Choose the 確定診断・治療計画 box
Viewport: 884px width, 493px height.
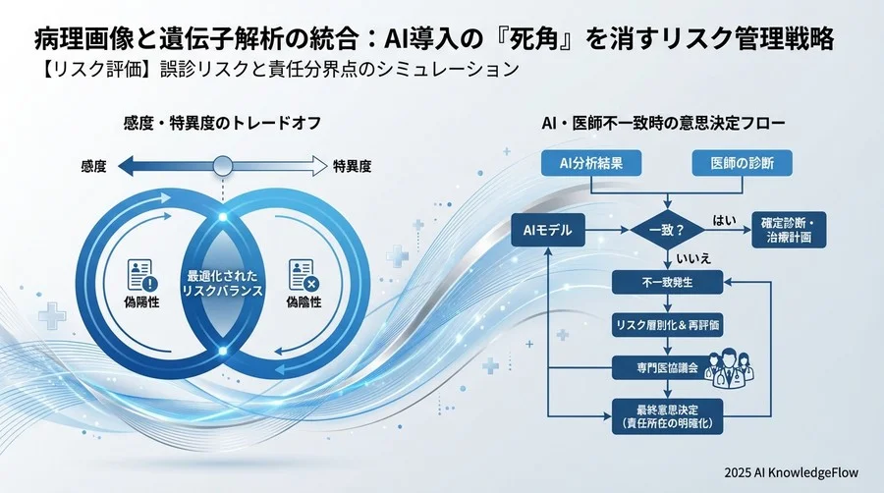point(787,231)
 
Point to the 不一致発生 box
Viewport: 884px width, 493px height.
point(668,283)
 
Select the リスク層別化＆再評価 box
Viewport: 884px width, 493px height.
point(668,325)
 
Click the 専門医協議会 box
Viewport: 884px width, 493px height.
point(668,368)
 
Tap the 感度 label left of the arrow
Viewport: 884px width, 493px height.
point(93,167)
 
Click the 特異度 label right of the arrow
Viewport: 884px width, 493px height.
point(352,167)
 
